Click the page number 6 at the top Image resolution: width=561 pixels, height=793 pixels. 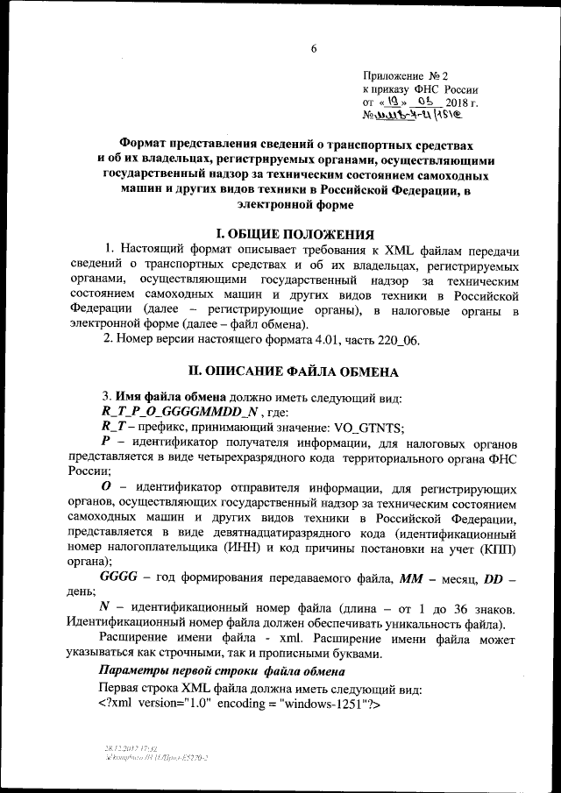[x=312, y=48]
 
